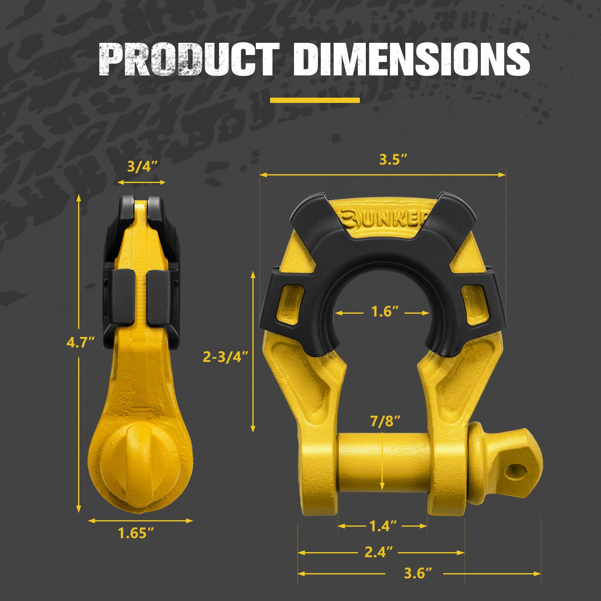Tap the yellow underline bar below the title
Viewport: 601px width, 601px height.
[x=315, y=100]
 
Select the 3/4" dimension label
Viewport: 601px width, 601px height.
[x=142, y=166]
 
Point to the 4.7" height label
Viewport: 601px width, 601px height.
[x=80, y=342]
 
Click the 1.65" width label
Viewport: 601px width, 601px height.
[x=136, y=533]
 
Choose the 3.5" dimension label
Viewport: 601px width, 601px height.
[x=393, y=160]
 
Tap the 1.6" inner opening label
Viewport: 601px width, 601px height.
[x=384, y=312]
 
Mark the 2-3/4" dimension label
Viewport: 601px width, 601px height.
[x=225, y=356]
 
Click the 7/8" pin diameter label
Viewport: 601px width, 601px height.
[x=385, y=421]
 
